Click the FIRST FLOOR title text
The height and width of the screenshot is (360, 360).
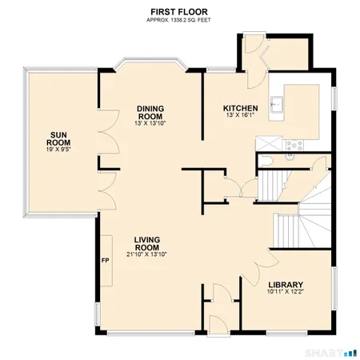[180, 10]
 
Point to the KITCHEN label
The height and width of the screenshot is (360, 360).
[240, 108]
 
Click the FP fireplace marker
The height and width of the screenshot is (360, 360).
[105, 261]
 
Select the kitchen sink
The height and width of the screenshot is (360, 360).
[278, 104]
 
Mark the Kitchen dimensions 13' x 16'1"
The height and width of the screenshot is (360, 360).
[240, 117]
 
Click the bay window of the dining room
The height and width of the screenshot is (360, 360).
[150, 62]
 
